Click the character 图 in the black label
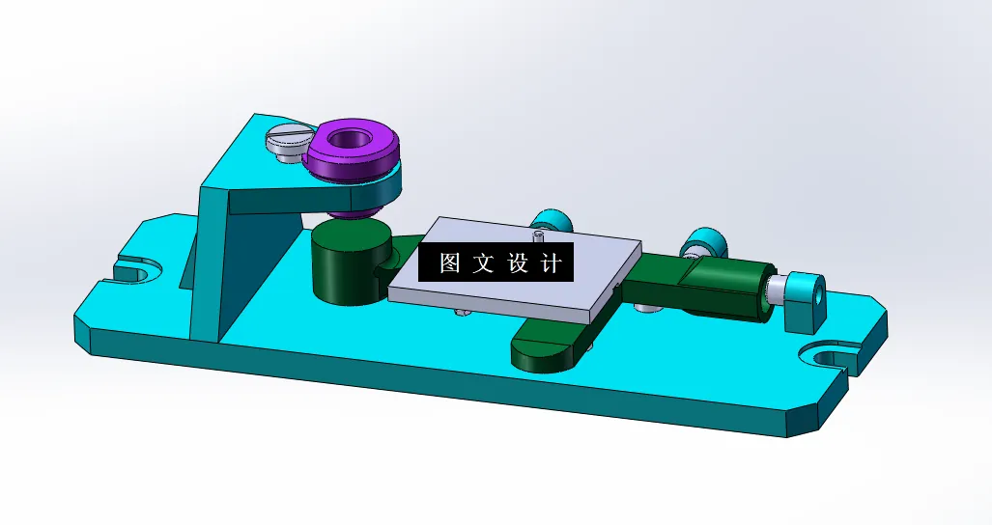(450, 262)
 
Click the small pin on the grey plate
(537, 232)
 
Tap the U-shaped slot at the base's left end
(133, 269)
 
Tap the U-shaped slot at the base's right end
(829, 358)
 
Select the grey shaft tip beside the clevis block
(776, 290)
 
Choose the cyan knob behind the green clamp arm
(699, 244)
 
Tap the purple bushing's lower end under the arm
(347, 211)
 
